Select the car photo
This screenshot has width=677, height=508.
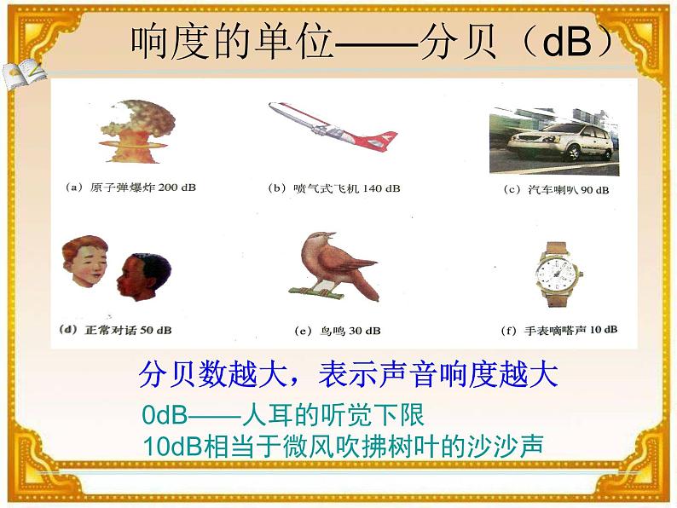(x=557, y=141)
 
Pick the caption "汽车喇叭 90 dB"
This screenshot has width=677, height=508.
(x=556, y=189)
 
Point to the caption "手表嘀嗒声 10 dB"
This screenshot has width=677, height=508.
(x=558, y=329)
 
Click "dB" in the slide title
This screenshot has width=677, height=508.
(x=566, y=43)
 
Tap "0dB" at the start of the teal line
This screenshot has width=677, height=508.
(x=165, y=416)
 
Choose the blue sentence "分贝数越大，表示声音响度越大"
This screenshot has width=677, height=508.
(x=348, y=375)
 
